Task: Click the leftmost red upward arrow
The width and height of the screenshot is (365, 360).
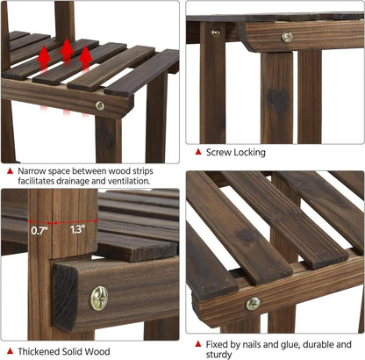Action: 44,58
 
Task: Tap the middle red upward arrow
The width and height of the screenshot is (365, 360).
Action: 67,50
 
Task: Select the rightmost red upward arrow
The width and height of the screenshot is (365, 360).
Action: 85,58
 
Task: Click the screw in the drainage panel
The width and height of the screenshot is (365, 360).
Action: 100,105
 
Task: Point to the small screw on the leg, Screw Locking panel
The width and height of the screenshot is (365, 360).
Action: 216,33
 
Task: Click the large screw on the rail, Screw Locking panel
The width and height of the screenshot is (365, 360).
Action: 288,37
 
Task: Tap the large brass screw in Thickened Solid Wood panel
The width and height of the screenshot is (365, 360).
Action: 99,299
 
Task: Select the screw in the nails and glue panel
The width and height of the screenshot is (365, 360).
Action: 253,304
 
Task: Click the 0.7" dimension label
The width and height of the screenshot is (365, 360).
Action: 39,231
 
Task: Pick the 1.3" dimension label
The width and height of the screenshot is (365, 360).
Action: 77,230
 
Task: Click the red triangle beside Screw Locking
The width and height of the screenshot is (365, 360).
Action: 198,152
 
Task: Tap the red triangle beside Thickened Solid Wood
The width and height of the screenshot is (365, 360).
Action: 10,350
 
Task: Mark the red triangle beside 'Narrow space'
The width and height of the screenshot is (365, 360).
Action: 10,171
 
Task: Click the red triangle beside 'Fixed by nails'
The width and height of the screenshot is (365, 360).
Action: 198,343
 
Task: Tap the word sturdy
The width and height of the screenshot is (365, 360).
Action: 218,355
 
